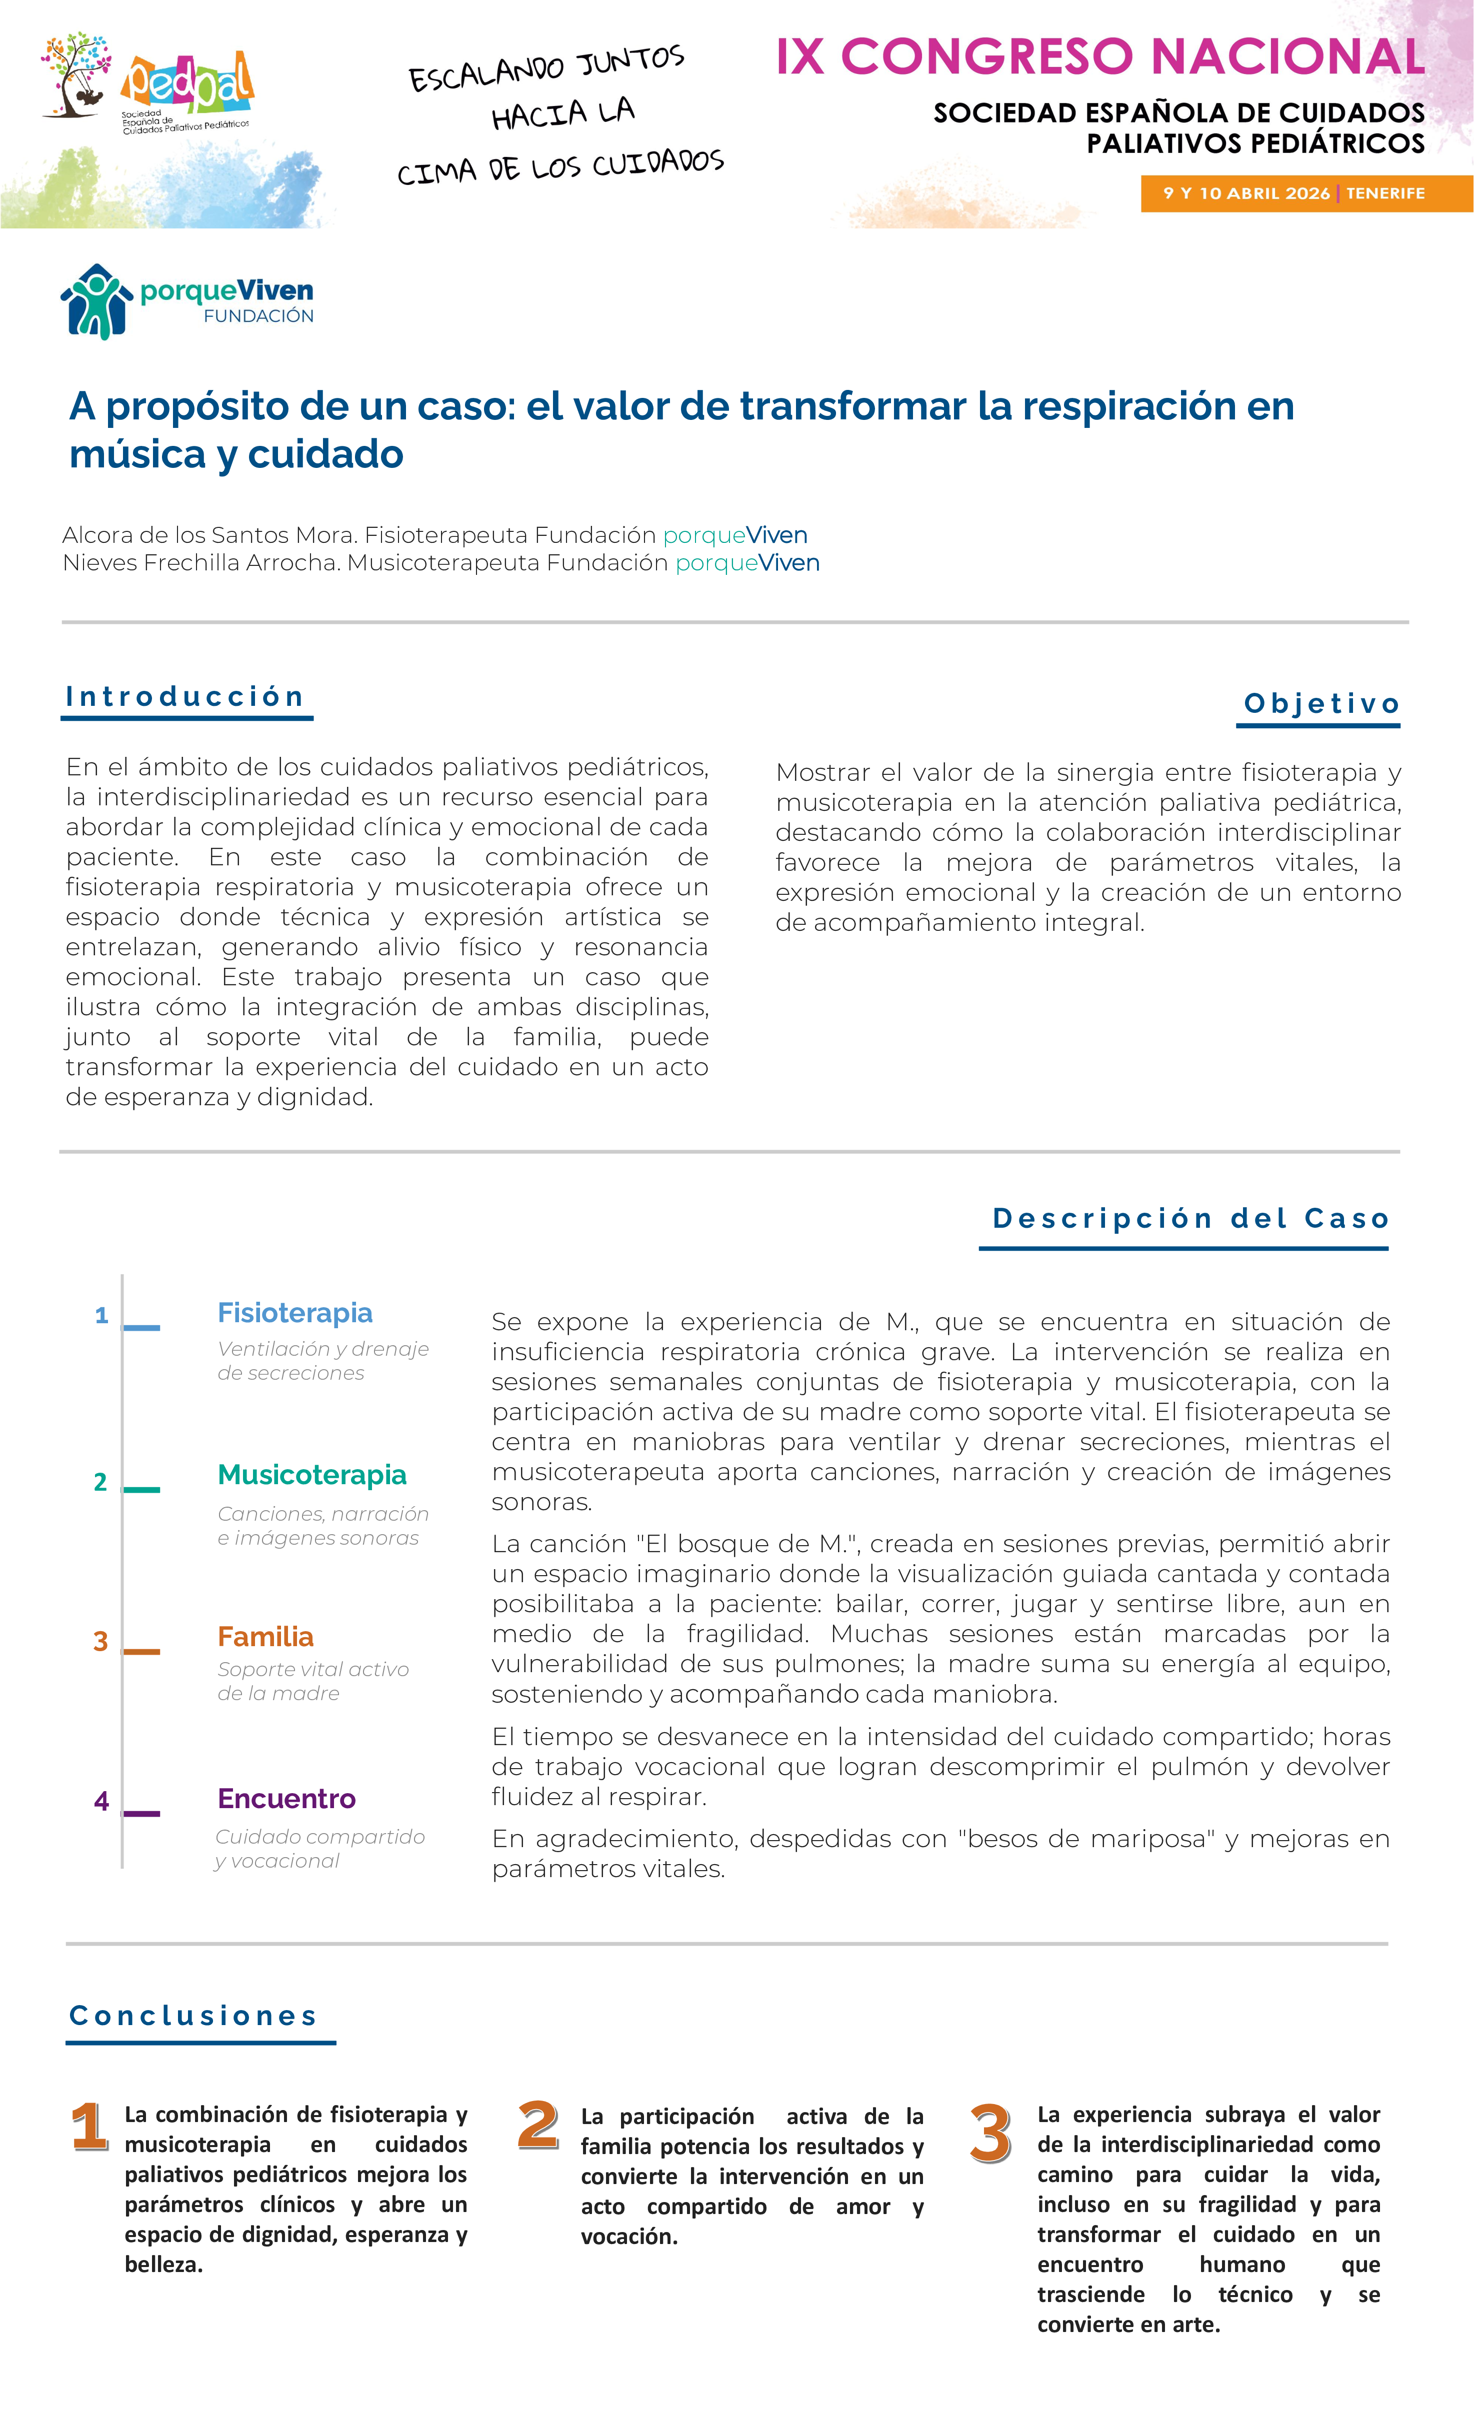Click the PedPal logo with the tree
click(x=146, y=83)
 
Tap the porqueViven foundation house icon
click(x=96, y=301)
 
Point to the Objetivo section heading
click(x=1320, y=704)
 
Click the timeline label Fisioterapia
click(x=294, y=1313)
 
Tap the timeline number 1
click(x=100, y=1316)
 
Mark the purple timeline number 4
click(x=100, y=1801)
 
